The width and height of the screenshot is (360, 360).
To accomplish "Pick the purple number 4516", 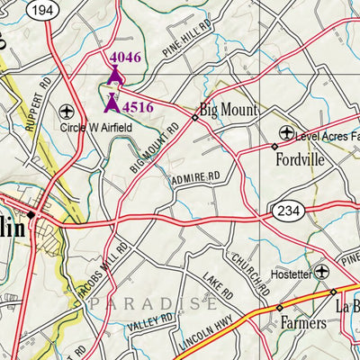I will pos(138,107).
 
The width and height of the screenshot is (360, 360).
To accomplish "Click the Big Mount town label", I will pos(228,110).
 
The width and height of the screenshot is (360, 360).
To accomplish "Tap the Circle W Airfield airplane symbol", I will pos(66,112).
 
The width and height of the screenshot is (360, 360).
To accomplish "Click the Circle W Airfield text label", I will pos(95,129).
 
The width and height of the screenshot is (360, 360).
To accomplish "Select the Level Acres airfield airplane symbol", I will pos(286,133).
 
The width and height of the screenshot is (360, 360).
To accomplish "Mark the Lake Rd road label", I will pos(217,289).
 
